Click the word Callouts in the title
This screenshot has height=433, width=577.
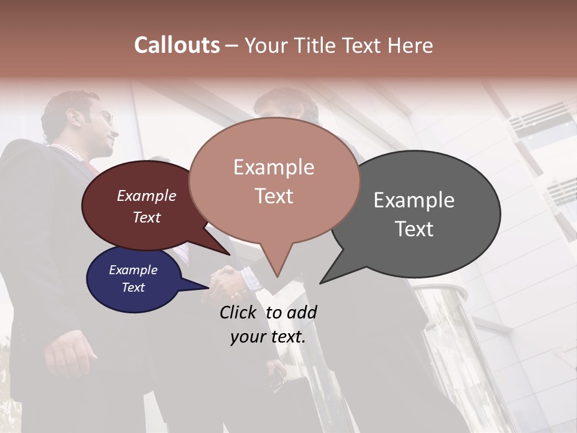click(177, 45)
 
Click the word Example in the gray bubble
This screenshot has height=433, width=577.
click(414, 200)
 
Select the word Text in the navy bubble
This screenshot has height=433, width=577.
click(133, 287)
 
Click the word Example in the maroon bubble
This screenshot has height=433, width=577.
click(147, 195)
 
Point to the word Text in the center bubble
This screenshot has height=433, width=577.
click(273, 196)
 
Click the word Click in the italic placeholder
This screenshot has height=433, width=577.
click(239, 312)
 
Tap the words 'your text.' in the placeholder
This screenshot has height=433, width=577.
click(268, 337)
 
